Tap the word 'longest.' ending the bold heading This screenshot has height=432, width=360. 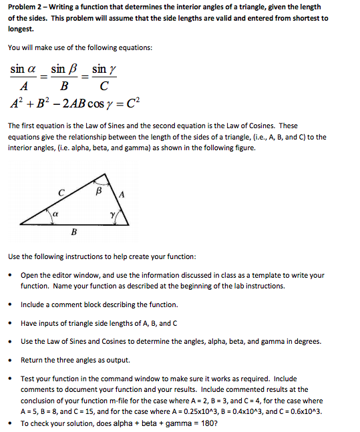pyautogui.click(x=25, y=29)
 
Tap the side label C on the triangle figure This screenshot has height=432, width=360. pyautogui.click(x=61, y=193)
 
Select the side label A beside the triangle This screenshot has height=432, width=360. pyautogui.click(x=122, y=194)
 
